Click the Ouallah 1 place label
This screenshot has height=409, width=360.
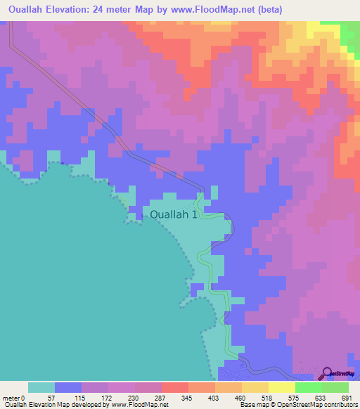pyautogui.click(x=175, y=215)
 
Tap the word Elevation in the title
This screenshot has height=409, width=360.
pyautogui.click(x=79, y=9)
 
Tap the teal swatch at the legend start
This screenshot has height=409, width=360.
pyautogui.click(x=41, y=387)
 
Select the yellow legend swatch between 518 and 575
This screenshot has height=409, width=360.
pyautogui.click(x=282, y=387)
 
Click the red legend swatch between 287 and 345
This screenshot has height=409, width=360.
pyautogui.click(x=175, y=387)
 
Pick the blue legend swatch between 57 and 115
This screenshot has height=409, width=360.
pyautogui.click(x=68, y=387)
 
